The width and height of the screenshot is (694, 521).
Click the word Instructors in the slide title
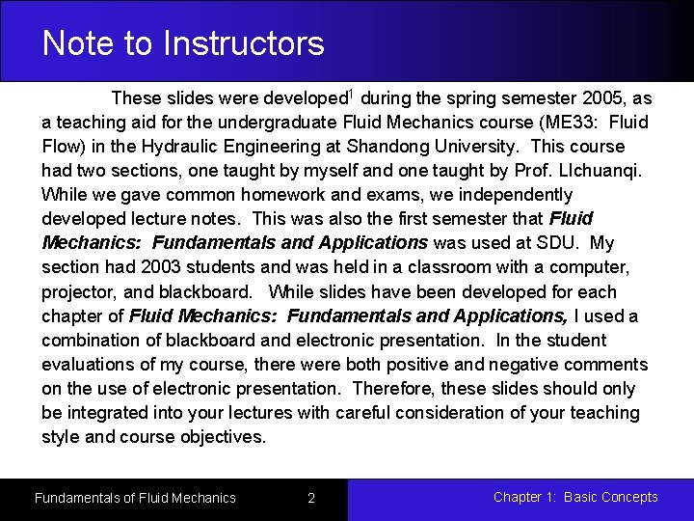pos(244,43)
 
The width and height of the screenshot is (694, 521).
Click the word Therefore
pos(391,389)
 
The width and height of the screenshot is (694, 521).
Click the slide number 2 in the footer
pos(311,498)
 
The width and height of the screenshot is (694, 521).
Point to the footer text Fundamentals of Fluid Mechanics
pos(135,498)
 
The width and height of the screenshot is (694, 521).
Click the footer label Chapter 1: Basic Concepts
pos(575,498)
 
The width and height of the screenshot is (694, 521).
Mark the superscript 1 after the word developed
pos(351,94)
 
